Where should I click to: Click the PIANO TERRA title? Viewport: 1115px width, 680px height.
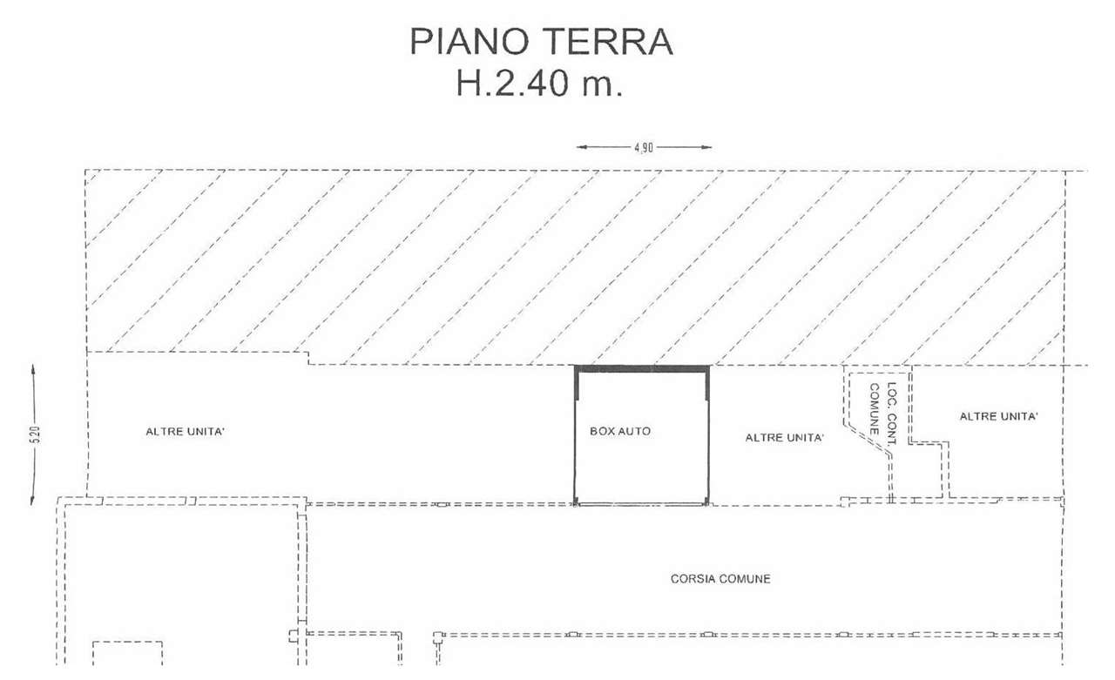click(x=542, y=43)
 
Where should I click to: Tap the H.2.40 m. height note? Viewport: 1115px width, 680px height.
click(x=539, y=83)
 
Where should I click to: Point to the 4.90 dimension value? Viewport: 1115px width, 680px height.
click(x=644, y=148)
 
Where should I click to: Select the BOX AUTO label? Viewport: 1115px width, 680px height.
click(x=620, y=431)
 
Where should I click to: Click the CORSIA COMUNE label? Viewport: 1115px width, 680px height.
click(x=720, y=578)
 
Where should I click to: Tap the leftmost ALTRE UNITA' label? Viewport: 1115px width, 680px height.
click(x=186, y=431)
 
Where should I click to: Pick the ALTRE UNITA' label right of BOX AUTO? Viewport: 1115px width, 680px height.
click(x=785, y=438)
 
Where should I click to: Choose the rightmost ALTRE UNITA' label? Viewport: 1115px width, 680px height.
click(x=999, y=416)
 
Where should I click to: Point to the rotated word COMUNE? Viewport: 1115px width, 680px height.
click(x=874, y=409)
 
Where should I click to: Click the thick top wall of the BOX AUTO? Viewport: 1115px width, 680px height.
click(x=642, y=369)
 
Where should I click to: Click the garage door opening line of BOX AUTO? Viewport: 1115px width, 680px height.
click(x=642, y=504)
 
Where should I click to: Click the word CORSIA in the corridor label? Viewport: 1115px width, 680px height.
click(x=693, y=578)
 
